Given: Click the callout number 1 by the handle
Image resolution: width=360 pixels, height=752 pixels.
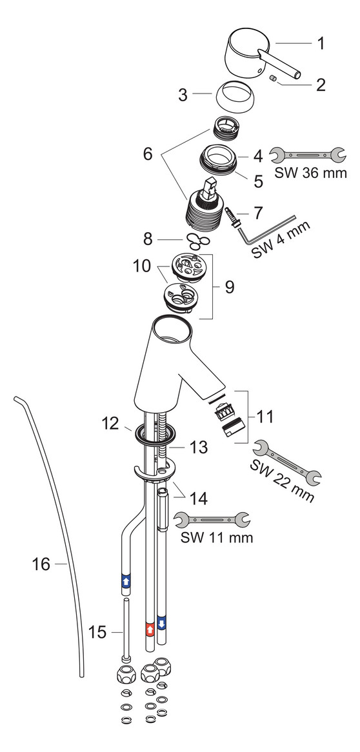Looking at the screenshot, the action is (320, 44).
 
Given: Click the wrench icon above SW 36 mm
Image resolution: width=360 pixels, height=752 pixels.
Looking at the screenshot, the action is (308, 155).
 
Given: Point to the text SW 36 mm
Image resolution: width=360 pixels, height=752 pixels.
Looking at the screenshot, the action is (310, 173).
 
